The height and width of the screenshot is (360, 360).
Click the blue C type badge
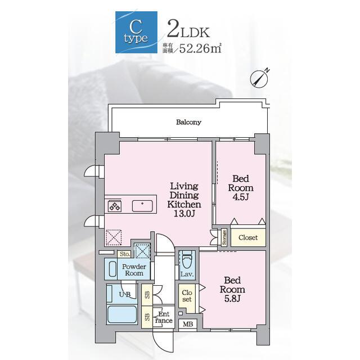(x=136, y=32)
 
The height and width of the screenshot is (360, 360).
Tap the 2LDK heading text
(x=188, y=30)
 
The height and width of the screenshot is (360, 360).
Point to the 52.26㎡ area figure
(x=200, y=48)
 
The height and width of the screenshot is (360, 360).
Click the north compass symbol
(x=259, y=78)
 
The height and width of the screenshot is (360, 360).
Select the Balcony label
(x=189, y=122)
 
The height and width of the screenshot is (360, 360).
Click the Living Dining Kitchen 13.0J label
(x=184, y=200)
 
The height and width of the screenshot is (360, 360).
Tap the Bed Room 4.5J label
(x=241, y=188)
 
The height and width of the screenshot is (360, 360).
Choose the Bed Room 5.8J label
(x=232, y=290)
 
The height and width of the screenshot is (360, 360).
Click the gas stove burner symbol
(x=115, y=206)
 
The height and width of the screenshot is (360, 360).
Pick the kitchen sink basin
(x=142, y=206)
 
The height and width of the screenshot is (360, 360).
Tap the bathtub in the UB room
(x=122, y=314)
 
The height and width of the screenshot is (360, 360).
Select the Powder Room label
(x=134, y=270)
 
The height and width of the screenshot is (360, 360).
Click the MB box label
(x=188, y=324)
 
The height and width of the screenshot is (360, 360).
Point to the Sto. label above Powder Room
(x=125, y=254)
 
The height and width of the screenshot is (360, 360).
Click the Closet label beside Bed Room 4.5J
(x=248, y=237)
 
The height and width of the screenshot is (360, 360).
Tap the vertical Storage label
(x=224, y=237)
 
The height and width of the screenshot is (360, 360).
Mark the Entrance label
(x=164, y=317)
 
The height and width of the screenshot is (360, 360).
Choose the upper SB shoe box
(x=147, y=295)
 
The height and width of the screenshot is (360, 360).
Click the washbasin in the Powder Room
(x=112, y=269)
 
